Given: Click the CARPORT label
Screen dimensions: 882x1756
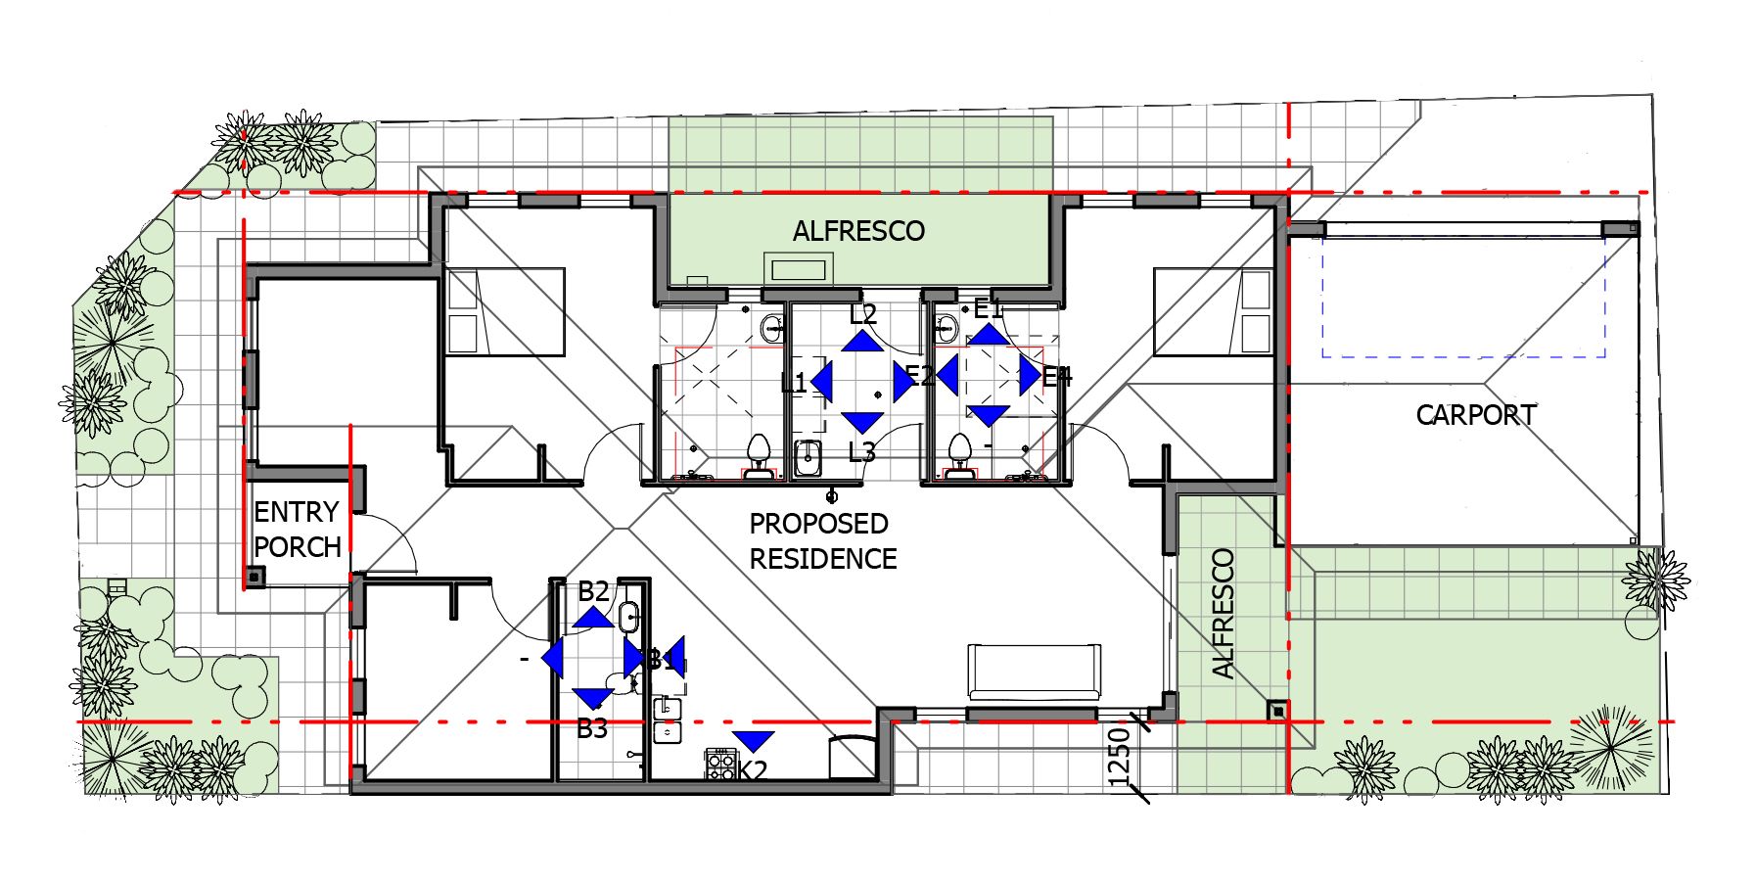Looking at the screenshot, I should coord(1475,415).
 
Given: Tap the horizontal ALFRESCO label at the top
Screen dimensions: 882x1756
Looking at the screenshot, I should coord(858,231).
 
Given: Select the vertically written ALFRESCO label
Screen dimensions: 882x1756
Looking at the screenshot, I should coord(1223,614).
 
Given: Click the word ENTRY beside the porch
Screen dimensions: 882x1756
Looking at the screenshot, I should coord(296,512).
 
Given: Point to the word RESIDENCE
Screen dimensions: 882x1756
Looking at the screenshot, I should coord(822,559).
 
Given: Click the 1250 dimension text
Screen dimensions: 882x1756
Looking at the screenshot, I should coord(1120,756).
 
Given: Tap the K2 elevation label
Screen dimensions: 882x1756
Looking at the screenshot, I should coord(752,771).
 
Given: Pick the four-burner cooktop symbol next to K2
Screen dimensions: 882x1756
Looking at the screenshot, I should coord(720,764).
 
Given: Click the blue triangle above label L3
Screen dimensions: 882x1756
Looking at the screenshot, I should coord(861,422).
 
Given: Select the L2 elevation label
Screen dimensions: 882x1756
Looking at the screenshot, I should coord(862,314).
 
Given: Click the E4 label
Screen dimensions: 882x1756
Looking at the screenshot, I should coord(1057,377).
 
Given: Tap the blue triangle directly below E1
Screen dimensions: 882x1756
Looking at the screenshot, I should coord(989,335).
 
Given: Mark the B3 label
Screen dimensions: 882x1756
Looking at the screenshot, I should coord(591,728).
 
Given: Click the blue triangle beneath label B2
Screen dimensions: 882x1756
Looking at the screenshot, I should coord(593,618).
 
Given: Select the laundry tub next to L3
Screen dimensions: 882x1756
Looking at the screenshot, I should coord(808,457).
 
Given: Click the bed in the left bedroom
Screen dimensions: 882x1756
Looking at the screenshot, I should coord(505,311).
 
